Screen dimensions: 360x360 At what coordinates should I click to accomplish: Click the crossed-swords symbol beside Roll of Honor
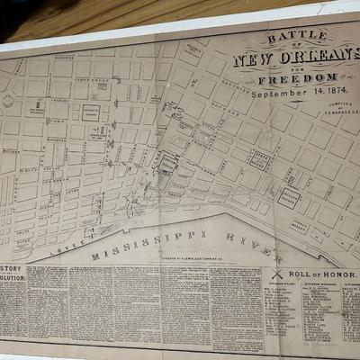(x=278, y=274)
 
